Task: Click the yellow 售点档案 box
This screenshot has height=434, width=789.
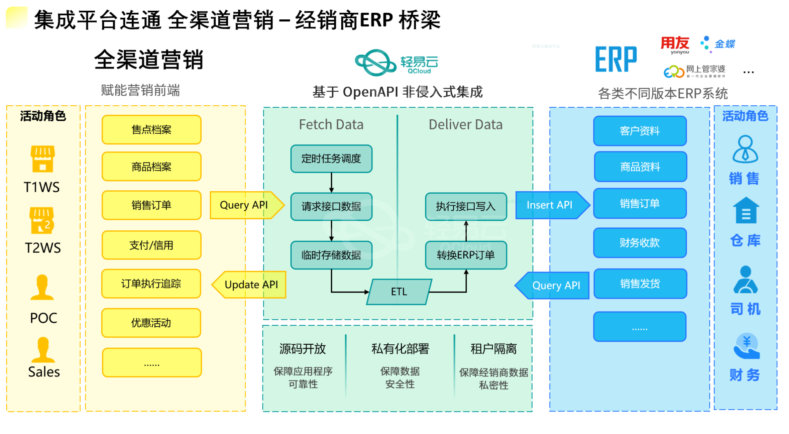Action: coord(151,130)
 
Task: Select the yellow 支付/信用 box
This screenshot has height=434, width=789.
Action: coord(151,245)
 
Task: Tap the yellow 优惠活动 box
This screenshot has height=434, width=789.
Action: coord(151,323)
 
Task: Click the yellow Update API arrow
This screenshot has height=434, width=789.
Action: coord(249,285)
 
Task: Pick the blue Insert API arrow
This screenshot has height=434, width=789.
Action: coord(553,205)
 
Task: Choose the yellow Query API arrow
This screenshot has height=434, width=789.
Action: coord(247,205)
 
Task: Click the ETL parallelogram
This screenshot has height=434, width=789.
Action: coord(399,292)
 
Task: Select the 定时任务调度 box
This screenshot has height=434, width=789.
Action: coord(331,158)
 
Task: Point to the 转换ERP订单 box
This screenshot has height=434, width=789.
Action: coord(466,255)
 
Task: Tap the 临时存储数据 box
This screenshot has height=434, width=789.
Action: coord(331,255)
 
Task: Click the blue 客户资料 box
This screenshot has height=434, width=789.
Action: coord(640,131)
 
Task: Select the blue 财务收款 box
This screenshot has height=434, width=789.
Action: coord(640,243)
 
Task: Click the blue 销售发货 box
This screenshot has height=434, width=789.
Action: coord(640,283)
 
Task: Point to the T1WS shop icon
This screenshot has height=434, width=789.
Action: coord(42,159)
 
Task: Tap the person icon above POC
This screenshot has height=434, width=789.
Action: coord(42,287)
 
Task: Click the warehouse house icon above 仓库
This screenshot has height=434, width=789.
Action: coord(746,210)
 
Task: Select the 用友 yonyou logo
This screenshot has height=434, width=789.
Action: coord(675,45)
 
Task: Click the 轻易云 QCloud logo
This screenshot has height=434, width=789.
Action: coord(396,63)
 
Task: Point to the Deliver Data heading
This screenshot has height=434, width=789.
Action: coord(465,124)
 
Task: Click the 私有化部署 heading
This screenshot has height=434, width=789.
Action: coord(400,349)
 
